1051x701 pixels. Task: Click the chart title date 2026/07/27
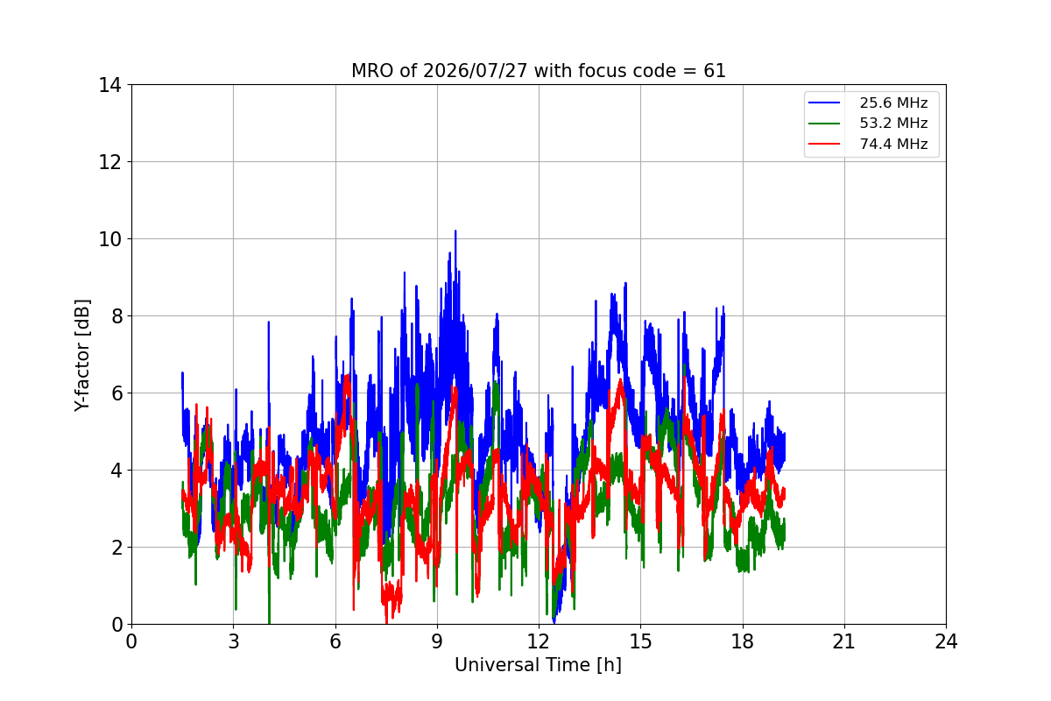475,71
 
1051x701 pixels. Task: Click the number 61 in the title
715,71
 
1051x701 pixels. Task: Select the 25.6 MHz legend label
893,103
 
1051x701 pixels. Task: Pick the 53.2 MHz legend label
893,123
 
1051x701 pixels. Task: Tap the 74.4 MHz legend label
893,144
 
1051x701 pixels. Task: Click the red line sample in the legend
824,144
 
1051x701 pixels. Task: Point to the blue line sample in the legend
824,103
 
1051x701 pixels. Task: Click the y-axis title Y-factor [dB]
82,356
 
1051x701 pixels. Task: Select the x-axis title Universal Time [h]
538,665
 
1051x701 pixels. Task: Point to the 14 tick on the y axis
109,85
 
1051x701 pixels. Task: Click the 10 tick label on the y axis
109,239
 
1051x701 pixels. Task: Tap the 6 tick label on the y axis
116,393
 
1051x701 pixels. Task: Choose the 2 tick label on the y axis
116,548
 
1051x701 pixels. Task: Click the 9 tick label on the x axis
437,641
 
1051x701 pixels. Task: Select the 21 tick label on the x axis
844,641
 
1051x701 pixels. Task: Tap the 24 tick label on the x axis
946,641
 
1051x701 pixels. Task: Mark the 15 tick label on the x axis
640,641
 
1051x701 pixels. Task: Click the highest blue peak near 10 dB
455,231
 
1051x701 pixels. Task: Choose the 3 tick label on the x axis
234,641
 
